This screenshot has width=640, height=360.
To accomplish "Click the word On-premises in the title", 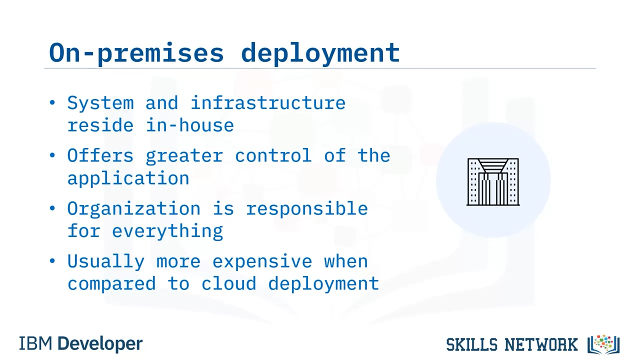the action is [136, 53].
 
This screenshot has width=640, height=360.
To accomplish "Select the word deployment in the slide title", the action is [320, 53].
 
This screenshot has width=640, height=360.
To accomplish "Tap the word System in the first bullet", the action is [100, 103].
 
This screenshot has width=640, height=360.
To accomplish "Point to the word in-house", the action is [189, 125].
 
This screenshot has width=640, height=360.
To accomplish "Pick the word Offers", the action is [100, 155].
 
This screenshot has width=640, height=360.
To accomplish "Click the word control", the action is [273, 155].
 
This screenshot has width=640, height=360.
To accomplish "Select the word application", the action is [128, 179].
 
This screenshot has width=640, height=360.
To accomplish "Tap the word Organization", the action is [134, 208].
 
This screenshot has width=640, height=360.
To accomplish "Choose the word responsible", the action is [307, 208].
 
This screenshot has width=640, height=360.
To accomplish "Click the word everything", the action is [167, 231].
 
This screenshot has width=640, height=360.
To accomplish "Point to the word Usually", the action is [106, 261].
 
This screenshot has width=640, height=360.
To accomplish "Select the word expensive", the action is [262, 262].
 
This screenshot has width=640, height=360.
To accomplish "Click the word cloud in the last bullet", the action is [229, 283].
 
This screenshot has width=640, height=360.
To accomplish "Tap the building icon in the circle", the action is [493, 181].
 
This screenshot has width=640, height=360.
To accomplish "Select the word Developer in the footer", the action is [100, 344].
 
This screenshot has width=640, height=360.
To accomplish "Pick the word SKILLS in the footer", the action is [471, 344].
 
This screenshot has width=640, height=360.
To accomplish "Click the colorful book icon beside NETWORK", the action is [603, 344].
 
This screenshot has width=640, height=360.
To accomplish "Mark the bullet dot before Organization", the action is [52, 207].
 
